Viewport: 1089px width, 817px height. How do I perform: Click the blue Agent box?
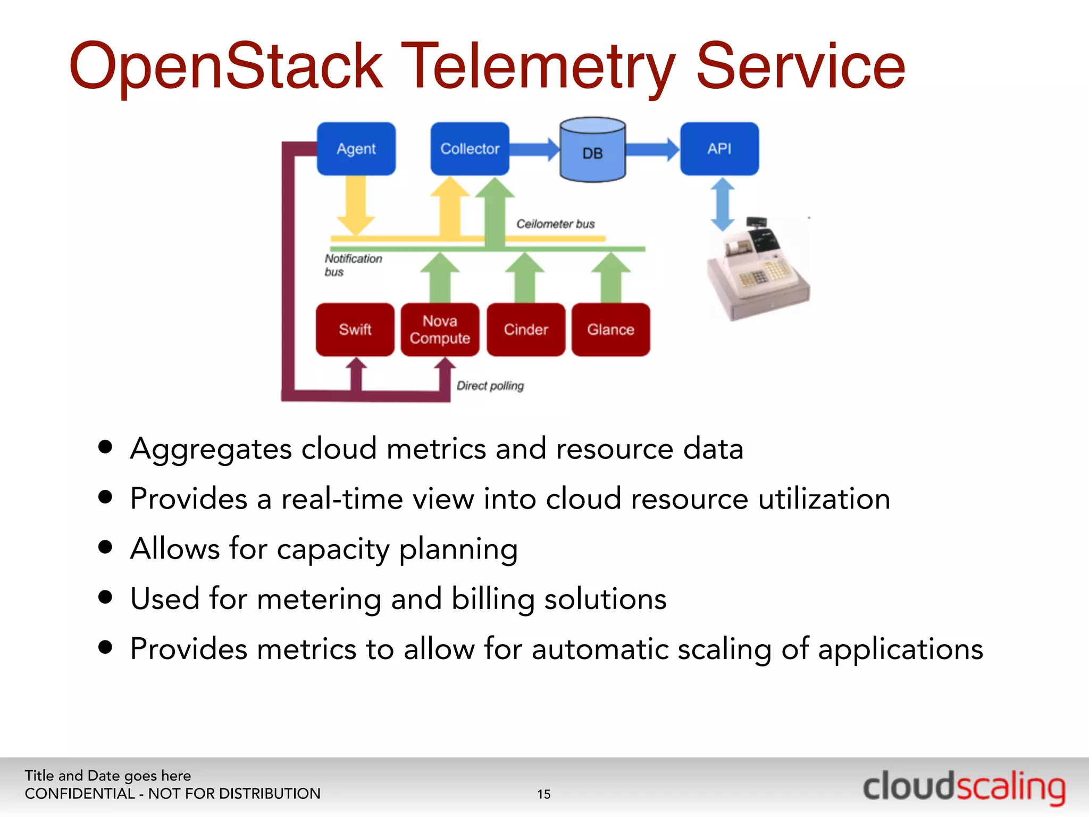tap(356, 149)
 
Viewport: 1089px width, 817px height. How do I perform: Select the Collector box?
tap(470, 149)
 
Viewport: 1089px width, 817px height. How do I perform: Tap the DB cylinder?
tap(592, 151)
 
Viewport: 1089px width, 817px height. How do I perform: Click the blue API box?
tap(719, 149)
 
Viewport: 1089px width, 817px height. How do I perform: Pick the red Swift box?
tap(355, 330)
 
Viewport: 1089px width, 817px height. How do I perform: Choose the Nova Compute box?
tap(440, 330)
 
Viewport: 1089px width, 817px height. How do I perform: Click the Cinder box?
tap(526, 330)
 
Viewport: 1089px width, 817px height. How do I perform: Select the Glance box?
tap(610, 330)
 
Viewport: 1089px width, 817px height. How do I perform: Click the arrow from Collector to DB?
tap(534, 149)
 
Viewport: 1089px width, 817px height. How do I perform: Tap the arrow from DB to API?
tap(652, 149)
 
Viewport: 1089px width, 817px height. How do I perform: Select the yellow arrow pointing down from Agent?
tap(356, 205)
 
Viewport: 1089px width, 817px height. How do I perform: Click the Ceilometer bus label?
tap(555, 224)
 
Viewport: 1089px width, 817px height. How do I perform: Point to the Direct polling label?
tap(490, 386)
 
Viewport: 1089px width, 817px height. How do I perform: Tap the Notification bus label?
tap(353, 265)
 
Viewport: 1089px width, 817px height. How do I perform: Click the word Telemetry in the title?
tap(538, 66)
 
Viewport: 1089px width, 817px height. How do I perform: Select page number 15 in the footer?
tap(544, 794)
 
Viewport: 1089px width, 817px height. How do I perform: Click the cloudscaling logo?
tap(964, 787)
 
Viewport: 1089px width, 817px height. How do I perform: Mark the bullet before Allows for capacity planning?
tap(106, 547)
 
